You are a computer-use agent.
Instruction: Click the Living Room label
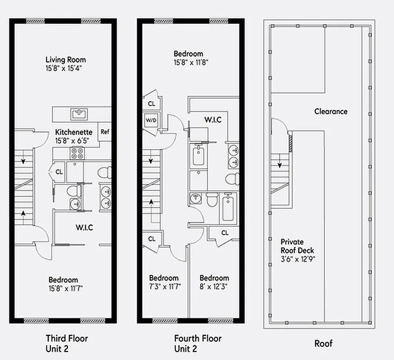click(66, 59)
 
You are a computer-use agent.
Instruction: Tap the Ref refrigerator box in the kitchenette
click(105, 132)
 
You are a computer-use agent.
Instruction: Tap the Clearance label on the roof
click(331, 111)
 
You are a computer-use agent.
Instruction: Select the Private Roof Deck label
click(297, 246)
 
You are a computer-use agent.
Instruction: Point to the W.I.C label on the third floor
click(84, 227)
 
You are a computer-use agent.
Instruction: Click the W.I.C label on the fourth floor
click(212, 120)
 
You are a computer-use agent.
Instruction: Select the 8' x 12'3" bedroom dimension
click(214, 286)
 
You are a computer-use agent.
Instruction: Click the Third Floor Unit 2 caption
click(67, 343)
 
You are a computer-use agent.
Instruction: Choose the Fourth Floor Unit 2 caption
click(198, 343)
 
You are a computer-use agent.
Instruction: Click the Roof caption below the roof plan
click(323, 344)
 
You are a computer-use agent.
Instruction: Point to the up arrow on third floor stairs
click(23, 214)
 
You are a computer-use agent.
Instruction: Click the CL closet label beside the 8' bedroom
click(225, 233)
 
